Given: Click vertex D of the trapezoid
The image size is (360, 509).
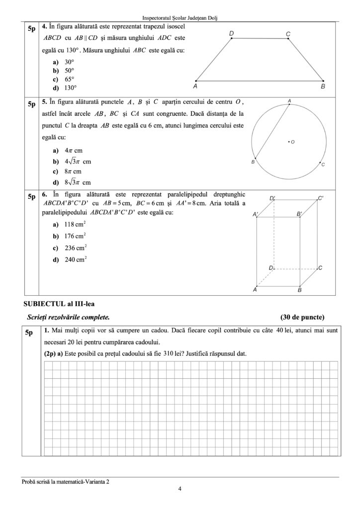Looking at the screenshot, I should (233, 38).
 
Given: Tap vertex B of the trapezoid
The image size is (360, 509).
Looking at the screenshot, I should (323, 81).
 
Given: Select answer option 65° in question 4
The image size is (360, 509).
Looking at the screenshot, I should (69, 79).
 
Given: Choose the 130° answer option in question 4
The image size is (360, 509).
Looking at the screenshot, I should (71, 87).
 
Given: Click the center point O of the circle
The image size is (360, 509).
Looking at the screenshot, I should (288, 142).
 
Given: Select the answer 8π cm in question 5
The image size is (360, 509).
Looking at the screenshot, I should (73, 171).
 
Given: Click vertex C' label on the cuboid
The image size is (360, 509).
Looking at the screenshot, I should (321, 198).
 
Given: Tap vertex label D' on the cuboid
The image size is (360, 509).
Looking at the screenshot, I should (273, 198).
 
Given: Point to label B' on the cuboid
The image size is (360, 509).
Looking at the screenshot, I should (299, 214).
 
